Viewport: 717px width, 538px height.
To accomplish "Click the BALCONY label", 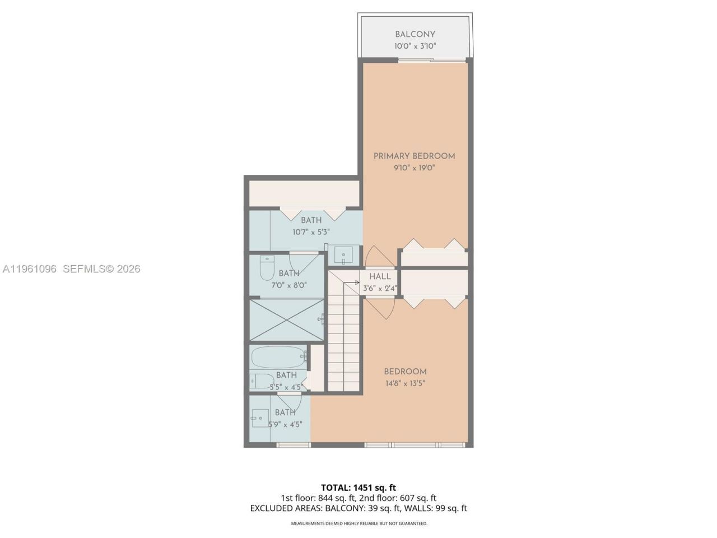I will click(415, 34).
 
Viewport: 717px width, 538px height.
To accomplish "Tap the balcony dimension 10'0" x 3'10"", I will click(415, 47).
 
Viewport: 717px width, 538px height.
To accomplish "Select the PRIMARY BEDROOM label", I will click(415, 156).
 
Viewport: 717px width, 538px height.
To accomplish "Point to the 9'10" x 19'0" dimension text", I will click(415, 168).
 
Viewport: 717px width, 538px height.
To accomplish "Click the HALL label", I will click(380, 276).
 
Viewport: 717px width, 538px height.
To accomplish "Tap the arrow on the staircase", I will click(353, 283).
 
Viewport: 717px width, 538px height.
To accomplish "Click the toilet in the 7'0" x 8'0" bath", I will click(267, 268).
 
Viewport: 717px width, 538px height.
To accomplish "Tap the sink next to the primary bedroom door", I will click(343, 255).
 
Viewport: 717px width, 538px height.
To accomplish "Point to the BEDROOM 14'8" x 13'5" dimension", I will click(405, 384).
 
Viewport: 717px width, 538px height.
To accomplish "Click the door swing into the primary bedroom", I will click(371, 258).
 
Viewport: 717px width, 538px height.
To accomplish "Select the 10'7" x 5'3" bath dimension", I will click(311, 231).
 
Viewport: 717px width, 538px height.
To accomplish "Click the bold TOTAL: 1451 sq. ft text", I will click(358, 488).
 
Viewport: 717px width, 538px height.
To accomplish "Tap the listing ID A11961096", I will click(29, 269).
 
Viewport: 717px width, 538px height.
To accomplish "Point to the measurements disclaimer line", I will click(358, 523).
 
